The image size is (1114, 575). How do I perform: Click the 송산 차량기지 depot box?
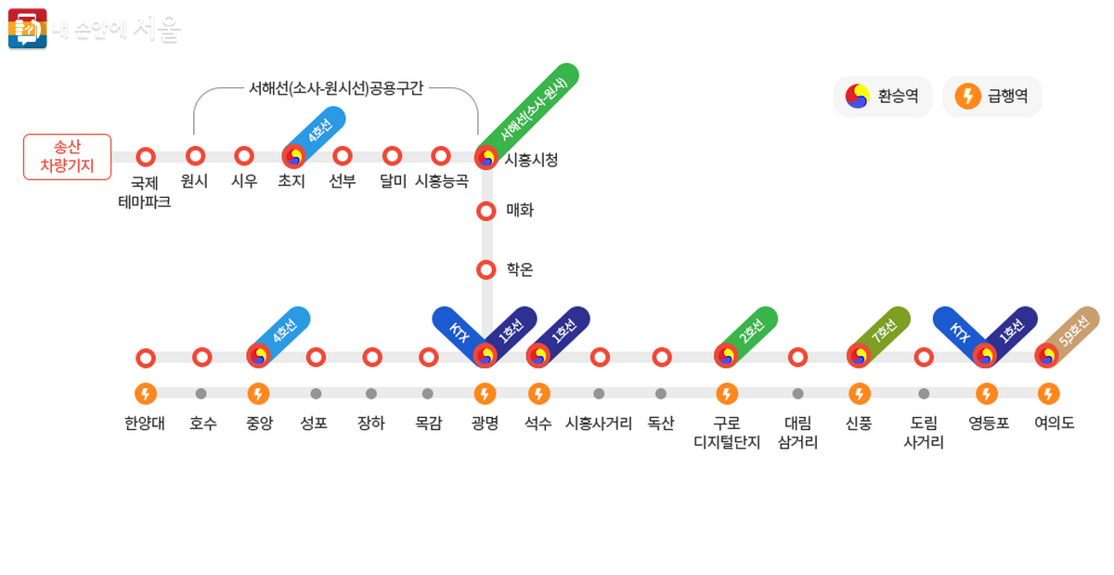[x=67, y=157]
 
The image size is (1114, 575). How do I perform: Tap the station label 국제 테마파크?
[x=144, y=191]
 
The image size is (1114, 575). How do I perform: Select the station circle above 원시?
[x=195, y=156]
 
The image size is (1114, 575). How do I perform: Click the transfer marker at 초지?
[x=294, y=156]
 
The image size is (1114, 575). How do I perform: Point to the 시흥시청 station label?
[x=531, y=160]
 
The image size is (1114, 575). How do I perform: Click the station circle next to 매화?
[x=486, y=211]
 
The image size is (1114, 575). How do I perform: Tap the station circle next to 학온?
[x=486, y=270]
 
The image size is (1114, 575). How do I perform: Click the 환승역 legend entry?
[x=883, y=96]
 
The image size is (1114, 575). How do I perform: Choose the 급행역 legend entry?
[x=991, y=96]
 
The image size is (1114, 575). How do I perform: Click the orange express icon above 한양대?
[x=145, y=394]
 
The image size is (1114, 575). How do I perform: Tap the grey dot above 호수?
[x=201, y=394]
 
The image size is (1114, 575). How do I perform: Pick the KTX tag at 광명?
[x=458, y=331]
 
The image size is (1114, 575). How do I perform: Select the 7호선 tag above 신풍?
[x=884, y=329]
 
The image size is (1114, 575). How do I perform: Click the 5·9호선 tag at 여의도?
[x=1074, y=329]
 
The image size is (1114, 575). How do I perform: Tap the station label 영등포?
[x=989, y=424]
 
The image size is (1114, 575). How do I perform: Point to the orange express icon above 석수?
[x=538, y=394]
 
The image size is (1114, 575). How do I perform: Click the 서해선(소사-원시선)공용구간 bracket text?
[x=335, y=88]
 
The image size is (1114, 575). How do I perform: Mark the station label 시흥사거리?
[x=599, y=424]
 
